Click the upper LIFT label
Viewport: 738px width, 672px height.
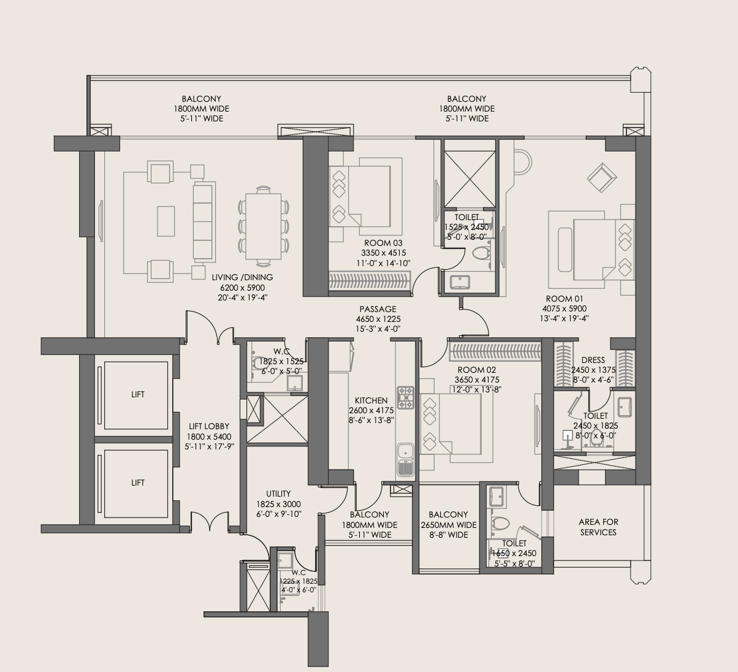pos(138,394)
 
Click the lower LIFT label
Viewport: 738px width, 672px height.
pos(138,483)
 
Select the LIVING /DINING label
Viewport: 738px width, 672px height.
pos(242,277)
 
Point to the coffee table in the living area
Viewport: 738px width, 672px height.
pos(165,221)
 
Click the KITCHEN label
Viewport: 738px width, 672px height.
pos(371,400)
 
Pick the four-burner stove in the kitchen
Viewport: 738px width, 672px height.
pos(406,397)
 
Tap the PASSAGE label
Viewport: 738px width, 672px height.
pos(378,309)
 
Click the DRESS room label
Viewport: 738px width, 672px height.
pos(592,361)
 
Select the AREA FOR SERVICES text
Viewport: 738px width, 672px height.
pos(598,527)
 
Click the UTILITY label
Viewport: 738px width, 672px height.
pos(278,494)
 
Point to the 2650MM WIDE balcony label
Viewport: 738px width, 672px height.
pos(449,525)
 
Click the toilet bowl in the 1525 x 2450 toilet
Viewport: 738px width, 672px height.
pos(481,252)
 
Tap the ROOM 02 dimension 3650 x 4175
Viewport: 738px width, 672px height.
pos(476,380)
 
